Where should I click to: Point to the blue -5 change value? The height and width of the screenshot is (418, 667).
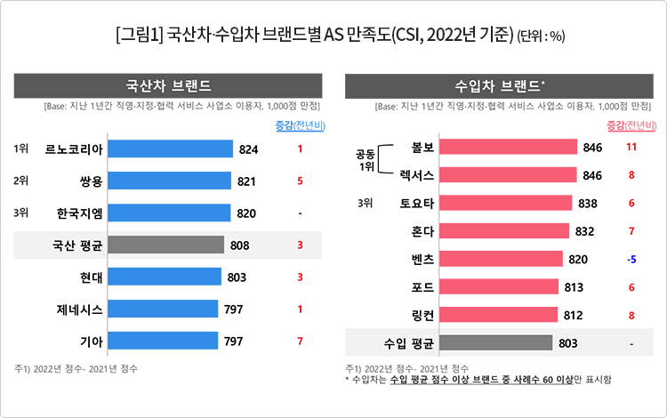[631, 259]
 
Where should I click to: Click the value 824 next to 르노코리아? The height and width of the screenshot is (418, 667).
[248, 149]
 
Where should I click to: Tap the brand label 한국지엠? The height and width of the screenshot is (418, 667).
[78, 213]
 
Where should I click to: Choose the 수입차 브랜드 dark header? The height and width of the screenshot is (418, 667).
[500, 86]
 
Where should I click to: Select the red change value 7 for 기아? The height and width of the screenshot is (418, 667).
[301, 341]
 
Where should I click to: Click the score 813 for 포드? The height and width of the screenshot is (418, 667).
[575, 286]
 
